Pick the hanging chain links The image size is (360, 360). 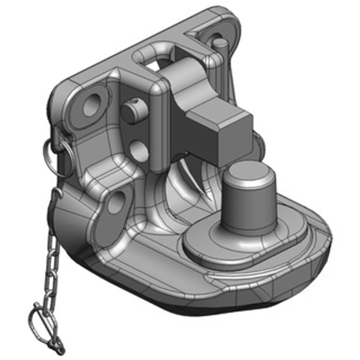49,270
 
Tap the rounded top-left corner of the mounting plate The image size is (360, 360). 63,88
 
